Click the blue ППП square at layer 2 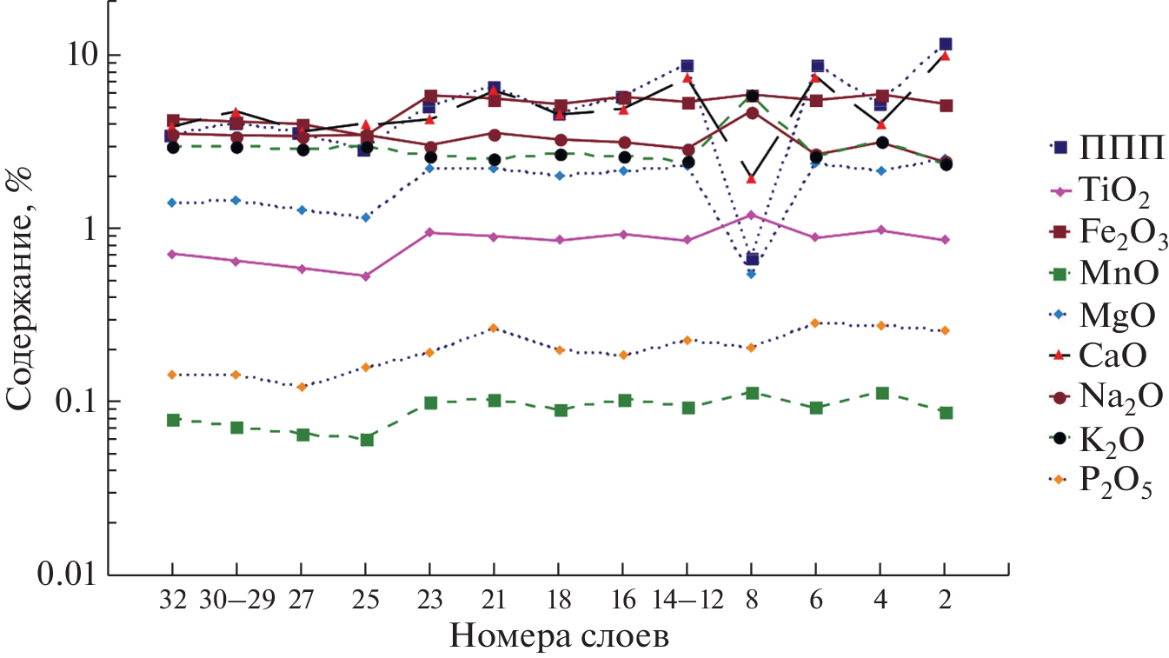945,44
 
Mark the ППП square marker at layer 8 752,259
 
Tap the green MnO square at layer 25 366,440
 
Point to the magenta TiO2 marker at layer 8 752,215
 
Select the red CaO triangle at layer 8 752,179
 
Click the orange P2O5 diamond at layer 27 301,387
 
